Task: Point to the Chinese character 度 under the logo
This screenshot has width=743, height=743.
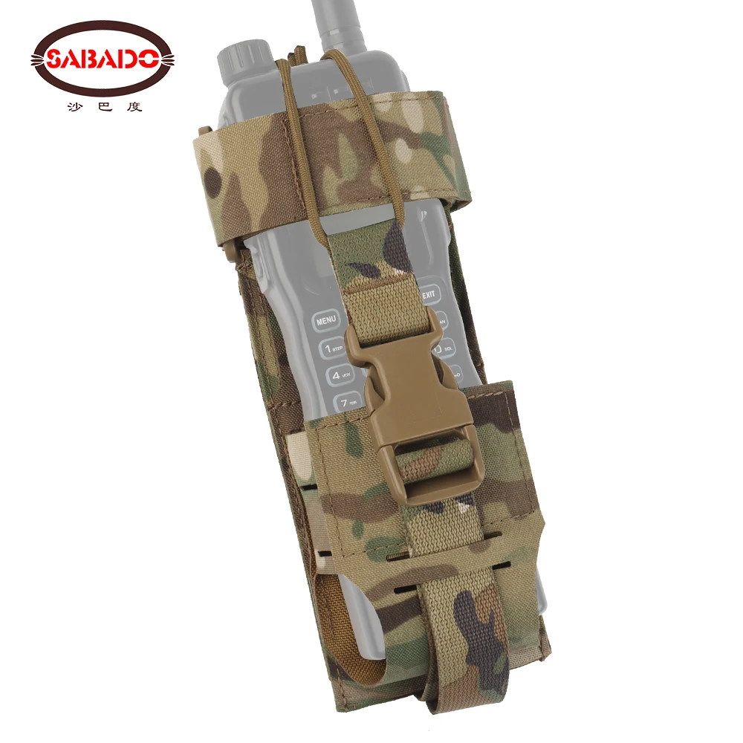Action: pos(134,106)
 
